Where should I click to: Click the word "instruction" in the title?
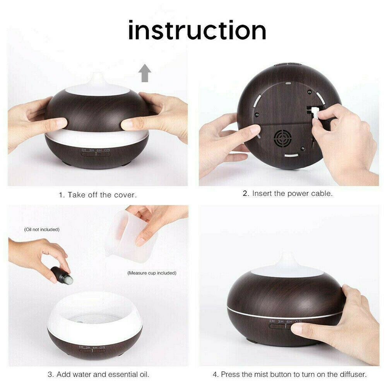[x=197, y=30]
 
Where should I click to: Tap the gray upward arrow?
[x=145, y=73]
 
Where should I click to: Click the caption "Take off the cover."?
[x=102, y=195]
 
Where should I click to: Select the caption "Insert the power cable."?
[x=292, y=193]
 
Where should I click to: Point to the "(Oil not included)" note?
[x=42, y=229]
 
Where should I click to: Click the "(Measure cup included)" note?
[x=152, y=273]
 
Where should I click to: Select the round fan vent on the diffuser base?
[x=283, y=139]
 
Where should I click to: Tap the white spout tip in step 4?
[x=287, y=257]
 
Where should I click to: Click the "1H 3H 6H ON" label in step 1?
[x=96, y=150]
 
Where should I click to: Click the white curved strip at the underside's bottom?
[x=291, y=156]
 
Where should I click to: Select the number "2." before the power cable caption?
[x=246, y=193]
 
